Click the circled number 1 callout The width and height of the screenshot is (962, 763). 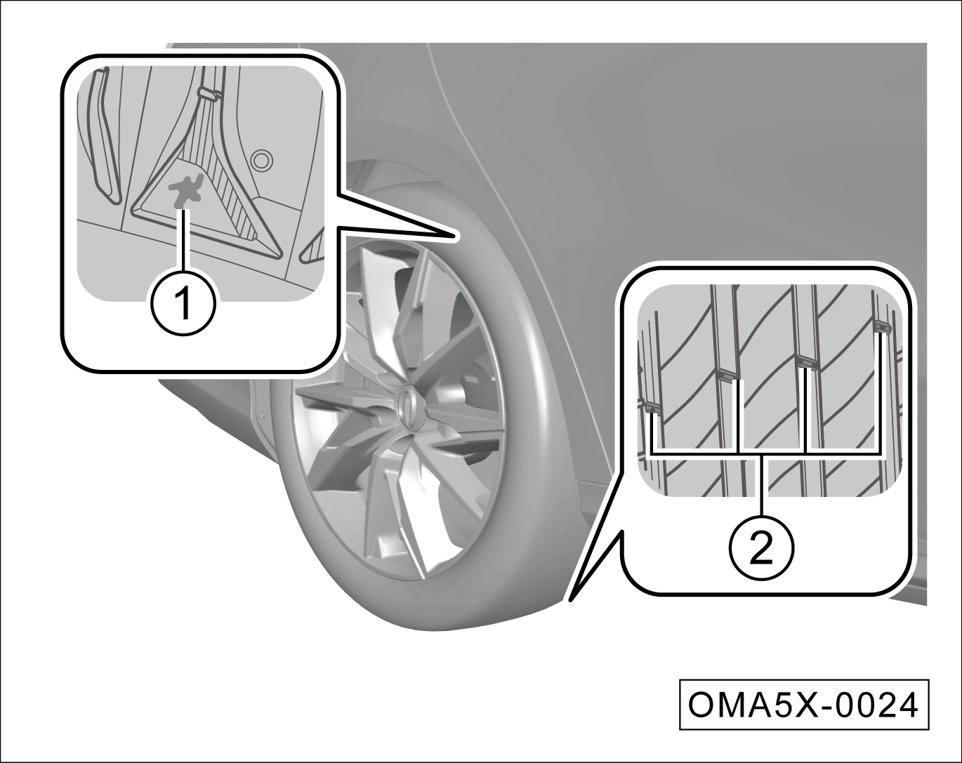184,303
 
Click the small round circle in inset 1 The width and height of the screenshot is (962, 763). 261,159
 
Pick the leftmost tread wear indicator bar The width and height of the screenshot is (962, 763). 652,409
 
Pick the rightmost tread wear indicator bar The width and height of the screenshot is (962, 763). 882,327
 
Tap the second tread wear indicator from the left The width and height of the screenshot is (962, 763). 727,375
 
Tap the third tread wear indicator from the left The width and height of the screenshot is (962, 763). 808,362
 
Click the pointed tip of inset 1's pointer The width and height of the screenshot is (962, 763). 455,236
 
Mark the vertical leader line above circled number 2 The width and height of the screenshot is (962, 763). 762,485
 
